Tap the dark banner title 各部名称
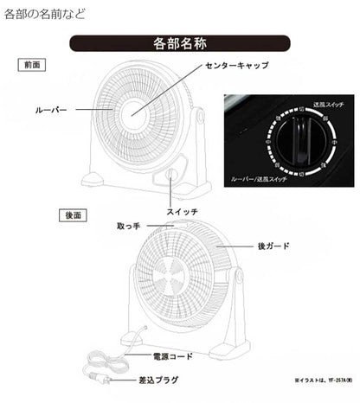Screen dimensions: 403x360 [x=179, y=43]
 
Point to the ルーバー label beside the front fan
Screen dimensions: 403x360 [x=50, y=110]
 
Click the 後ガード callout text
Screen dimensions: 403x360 [x=273, y=246]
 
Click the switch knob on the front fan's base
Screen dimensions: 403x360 [x=168, y=179]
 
